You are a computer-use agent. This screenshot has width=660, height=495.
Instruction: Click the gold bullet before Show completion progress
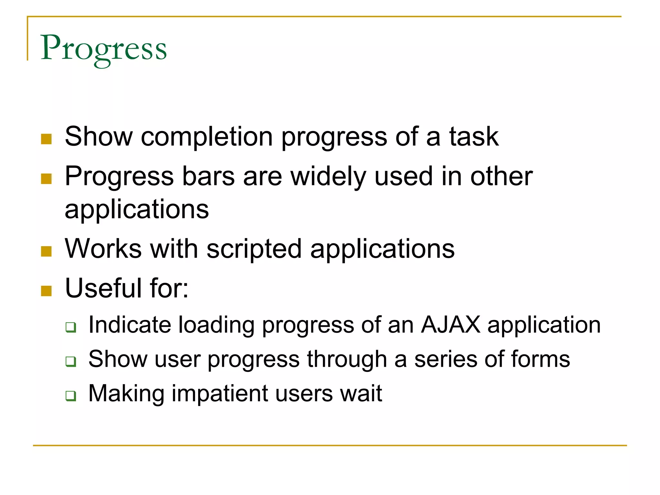pyautogui.click(x=46, y=139)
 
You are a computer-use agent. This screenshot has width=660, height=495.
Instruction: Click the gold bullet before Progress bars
pyautogui.click(x=46, y=179)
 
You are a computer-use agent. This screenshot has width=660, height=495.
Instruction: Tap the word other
pyautogui.click(x=501, y=177)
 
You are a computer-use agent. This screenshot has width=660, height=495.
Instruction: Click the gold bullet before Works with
pyautogui.click(x=46, y=251)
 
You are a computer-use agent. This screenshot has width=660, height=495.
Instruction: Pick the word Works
pyautogui.click(x=103, y=249)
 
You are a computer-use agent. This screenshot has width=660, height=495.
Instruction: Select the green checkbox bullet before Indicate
pyautogui.click(x=71, y=327)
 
